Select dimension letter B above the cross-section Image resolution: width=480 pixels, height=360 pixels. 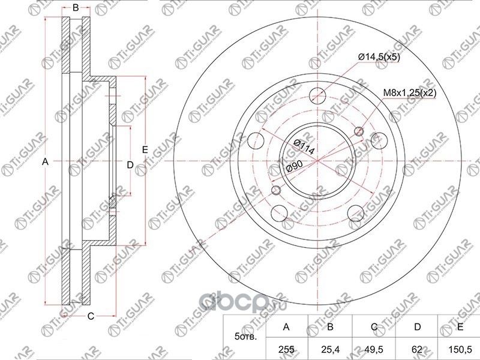76,8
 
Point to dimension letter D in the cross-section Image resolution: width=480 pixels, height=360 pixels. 129,164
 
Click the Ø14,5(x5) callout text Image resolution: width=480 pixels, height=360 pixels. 379,56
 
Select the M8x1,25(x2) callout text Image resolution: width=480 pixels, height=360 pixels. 410,93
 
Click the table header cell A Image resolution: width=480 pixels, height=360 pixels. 287,327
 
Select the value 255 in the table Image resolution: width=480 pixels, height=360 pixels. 287,349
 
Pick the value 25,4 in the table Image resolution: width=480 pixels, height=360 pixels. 330,349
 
